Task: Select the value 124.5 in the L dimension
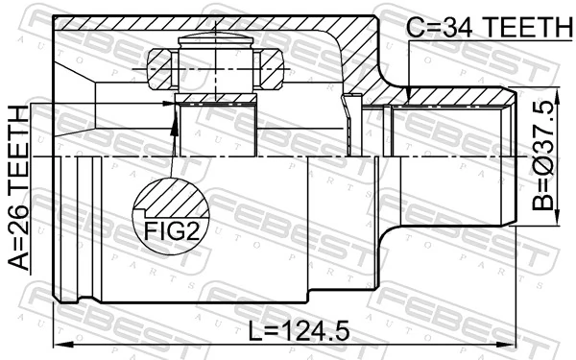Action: click(308, 331)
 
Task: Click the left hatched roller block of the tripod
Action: click(158, 66)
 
